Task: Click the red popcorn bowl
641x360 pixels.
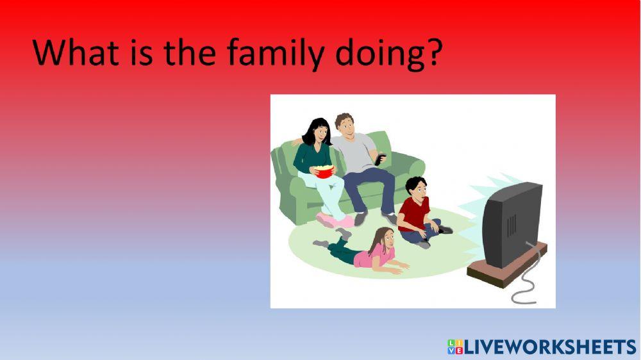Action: tap(324, 172)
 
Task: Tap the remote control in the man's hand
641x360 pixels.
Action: tap(380, 159)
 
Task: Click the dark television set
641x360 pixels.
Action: tap(512, 224)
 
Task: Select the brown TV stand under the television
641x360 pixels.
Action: tap(507, 266)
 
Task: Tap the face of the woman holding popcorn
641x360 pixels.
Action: tap(321, 132)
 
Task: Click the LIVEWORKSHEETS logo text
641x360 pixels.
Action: tap(550, 347)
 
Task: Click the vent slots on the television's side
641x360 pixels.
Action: tap(512, 226)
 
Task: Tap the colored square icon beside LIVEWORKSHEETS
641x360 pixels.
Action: tap(455, 347)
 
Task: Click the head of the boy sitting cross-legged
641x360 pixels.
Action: tap(416, 187)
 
